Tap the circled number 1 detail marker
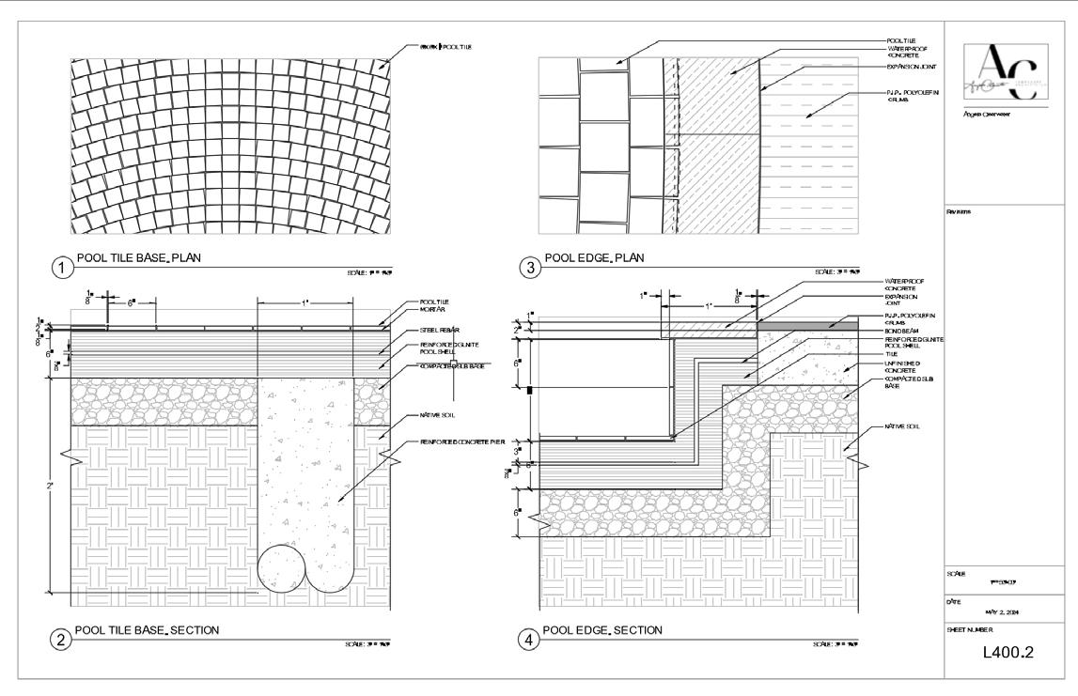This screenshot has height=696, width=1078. tap(63, 268)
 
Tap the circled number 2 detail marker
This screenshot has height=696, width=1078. tap(63, 641)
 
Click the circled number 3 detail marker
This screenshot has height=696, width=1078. tap(531, 268)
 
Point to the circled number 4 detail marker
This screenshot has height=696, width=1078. tap(531, 641)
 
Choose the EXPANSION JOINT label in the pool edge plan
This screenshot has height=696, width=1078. tap(910, 67)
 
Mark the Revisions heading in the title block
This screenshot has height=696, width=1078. tap(959, 211)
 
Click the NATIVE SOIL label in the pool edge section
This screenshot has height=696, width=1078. tap(903, 426)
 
